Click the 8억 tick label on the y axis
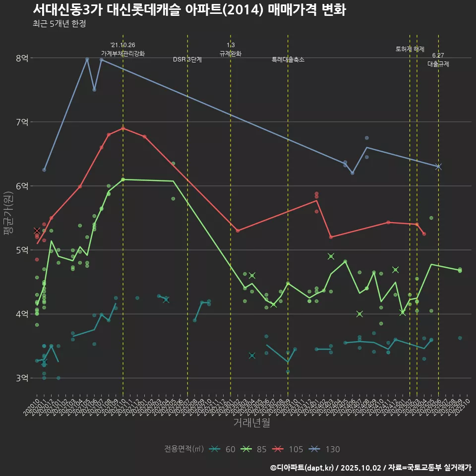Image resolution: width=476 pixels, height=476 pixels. click(21, 58)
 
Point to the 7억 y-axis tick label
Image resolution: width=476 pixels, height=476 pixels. click(21, 122)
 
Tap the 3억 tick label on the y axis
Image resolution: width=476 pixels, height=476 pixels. click(21, 378)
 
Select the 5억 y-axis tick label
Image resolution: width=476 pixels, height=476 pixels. click(21, 250)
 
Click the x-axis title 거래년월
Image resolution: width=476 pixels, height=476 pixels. click(251, 423)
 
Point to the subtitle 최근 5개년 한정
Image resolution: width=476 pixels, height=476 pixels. click(59, 24)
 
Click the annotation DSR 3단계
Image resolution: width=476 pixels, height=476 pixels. click(187, 59)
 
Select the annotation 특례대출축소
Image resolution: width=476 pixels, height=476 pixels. click(288, 59)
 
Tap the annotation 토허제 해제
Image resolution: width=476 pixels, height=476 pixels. click(410, 49)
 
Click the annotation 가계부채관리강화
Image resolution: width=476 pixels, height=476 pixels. click(123, 53)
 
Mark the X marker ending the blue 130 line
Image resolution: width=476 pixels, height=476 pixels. click(438, 167)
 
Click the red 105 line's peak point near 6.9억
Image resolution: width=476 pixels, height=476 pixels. click(123, 128)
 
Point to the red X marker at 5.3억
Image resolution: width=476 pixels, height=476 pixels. click(37, 231)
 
